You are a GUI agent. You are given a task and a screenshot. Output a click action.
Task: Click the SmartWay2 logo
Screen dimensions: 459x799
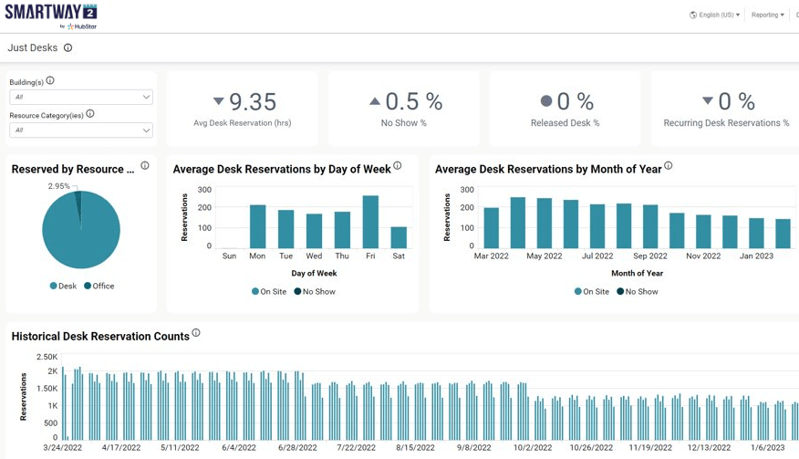[51, 15]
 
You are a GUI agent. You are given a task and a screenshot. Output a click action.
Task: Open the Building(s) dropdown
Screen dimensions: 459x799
[80, 97]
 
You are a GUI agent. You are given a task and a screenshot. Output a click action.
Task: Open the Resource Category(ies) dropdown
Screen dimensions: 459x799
[80, 130]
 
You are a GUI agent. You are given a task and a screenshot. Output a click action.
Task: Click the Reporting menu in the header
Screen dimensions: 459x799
[767, 15]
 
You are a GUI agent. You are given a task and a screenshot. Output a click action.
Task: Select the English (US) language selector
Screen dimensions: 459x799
[715, 15]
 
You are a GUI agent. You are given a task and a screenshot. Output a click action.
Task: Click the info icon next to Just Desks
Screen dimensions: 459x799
[67, 48]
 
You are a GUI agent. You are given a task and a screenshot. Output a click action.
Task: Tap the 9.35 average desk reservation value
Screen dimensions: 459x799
[252, 101]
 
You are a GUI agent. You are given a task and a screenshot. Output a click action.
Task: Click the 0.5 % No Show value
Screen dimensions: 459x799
[413, 101]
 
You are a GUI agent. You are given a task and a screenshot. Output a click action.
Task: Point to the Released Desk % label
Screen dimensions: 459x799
[565, 123]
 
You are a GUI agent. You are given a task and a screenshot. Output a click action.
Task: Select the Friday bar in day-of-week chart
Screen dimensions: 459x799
[370, 223]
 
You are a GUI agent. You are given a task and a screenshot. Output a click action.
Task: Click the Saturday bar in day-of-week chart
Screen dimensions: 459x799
[399, 238]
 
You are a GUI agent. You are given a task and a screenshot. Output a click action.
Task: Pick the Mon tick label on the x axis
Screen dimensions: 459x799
[257, 256]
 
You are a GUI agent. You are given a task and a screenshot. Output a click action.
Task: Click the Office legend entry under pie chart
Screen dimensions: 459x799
[103, 286]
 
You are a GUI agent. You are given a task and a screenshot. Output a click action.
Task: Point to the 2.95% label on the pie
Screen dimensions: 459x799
[58, 186]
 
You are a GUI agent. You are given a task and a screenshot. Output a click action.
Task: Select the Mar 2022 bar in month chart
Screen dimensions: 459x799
[492, 228]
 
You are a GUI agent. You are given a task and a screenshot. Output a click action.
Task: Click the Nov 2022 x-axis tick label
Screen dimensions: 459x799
[703, 256]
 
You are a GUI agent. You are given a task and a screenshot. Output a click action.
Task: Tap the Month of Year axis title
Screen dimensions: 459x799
[637, 273]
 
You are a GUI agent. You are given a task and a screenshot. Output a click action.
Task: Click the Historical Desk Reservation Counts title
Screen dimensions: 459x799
[100, 337]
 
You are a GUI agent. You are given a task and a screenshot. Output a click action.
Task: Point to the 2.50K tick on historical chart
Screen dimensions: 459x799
[47, 357]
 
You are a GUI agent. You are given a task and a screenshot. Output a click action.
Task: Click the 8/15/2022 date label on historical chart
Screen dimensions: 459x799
[415, 448]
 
